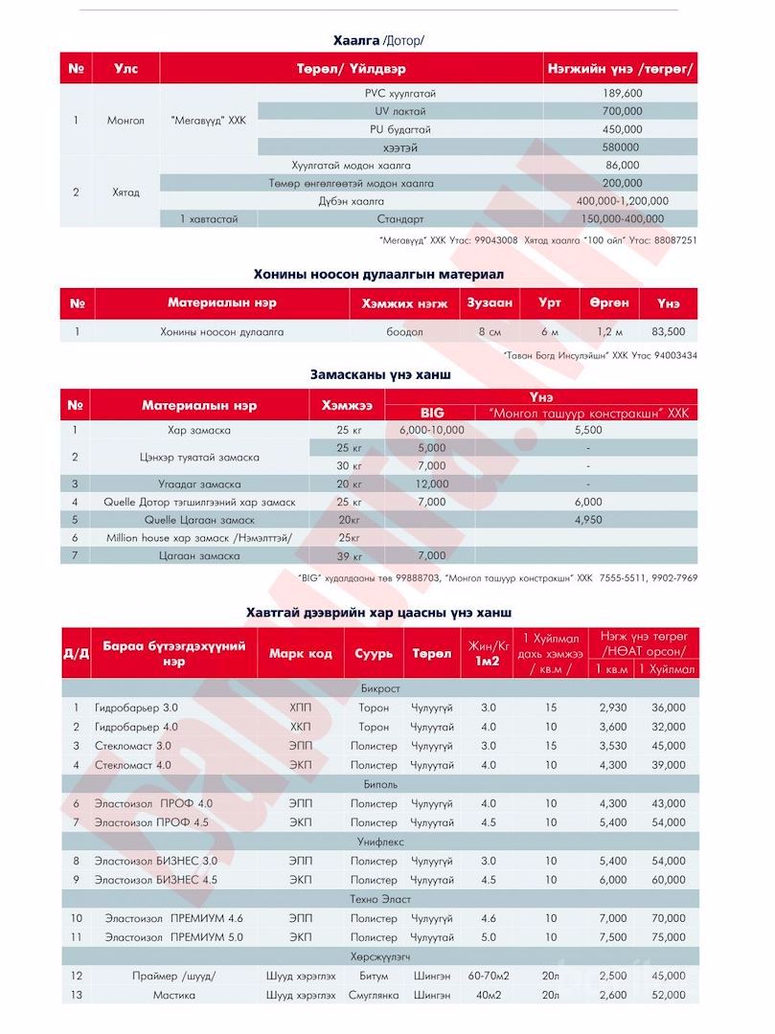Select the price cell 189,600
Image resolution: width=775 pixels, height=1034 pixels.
pyautogui.click(x=623, y=93)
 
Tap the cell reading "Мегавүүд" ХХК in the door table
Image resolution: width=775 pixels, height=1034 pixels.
pyautogui.click(x=208, y=121)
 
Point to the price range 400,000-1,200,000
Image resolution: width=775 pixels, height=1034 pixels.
pyautogui.click(x=623, y=201)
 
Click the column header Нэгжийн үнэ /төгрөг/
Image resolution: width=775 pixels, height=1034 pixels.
pyautogui.click(x=620, y=69)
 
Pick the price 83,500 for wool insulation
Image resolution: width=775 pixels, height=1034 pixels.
pyautogui.click(x=668, y=332)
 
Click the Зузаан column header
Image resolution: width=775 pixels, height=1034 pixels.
pyautogui.click(x=490, y=303)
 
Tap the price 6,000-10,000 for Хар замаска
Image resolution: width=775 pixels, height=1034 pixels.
pyautogui.click(x=432, y=431)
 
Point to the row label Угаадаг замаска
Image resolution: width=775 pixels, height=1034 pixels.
pyautogui.click(x=199, y=483)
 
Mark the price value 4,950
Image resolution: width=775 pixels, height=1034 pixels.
pyautogui.click(x=587, y=519)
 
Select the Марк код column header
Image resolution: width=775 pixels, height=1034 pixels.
pyautogui.click(x=300, y=654)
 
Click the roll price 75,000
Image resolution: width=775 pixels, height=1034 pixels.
pyautogui.click(x=667, y=937)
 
